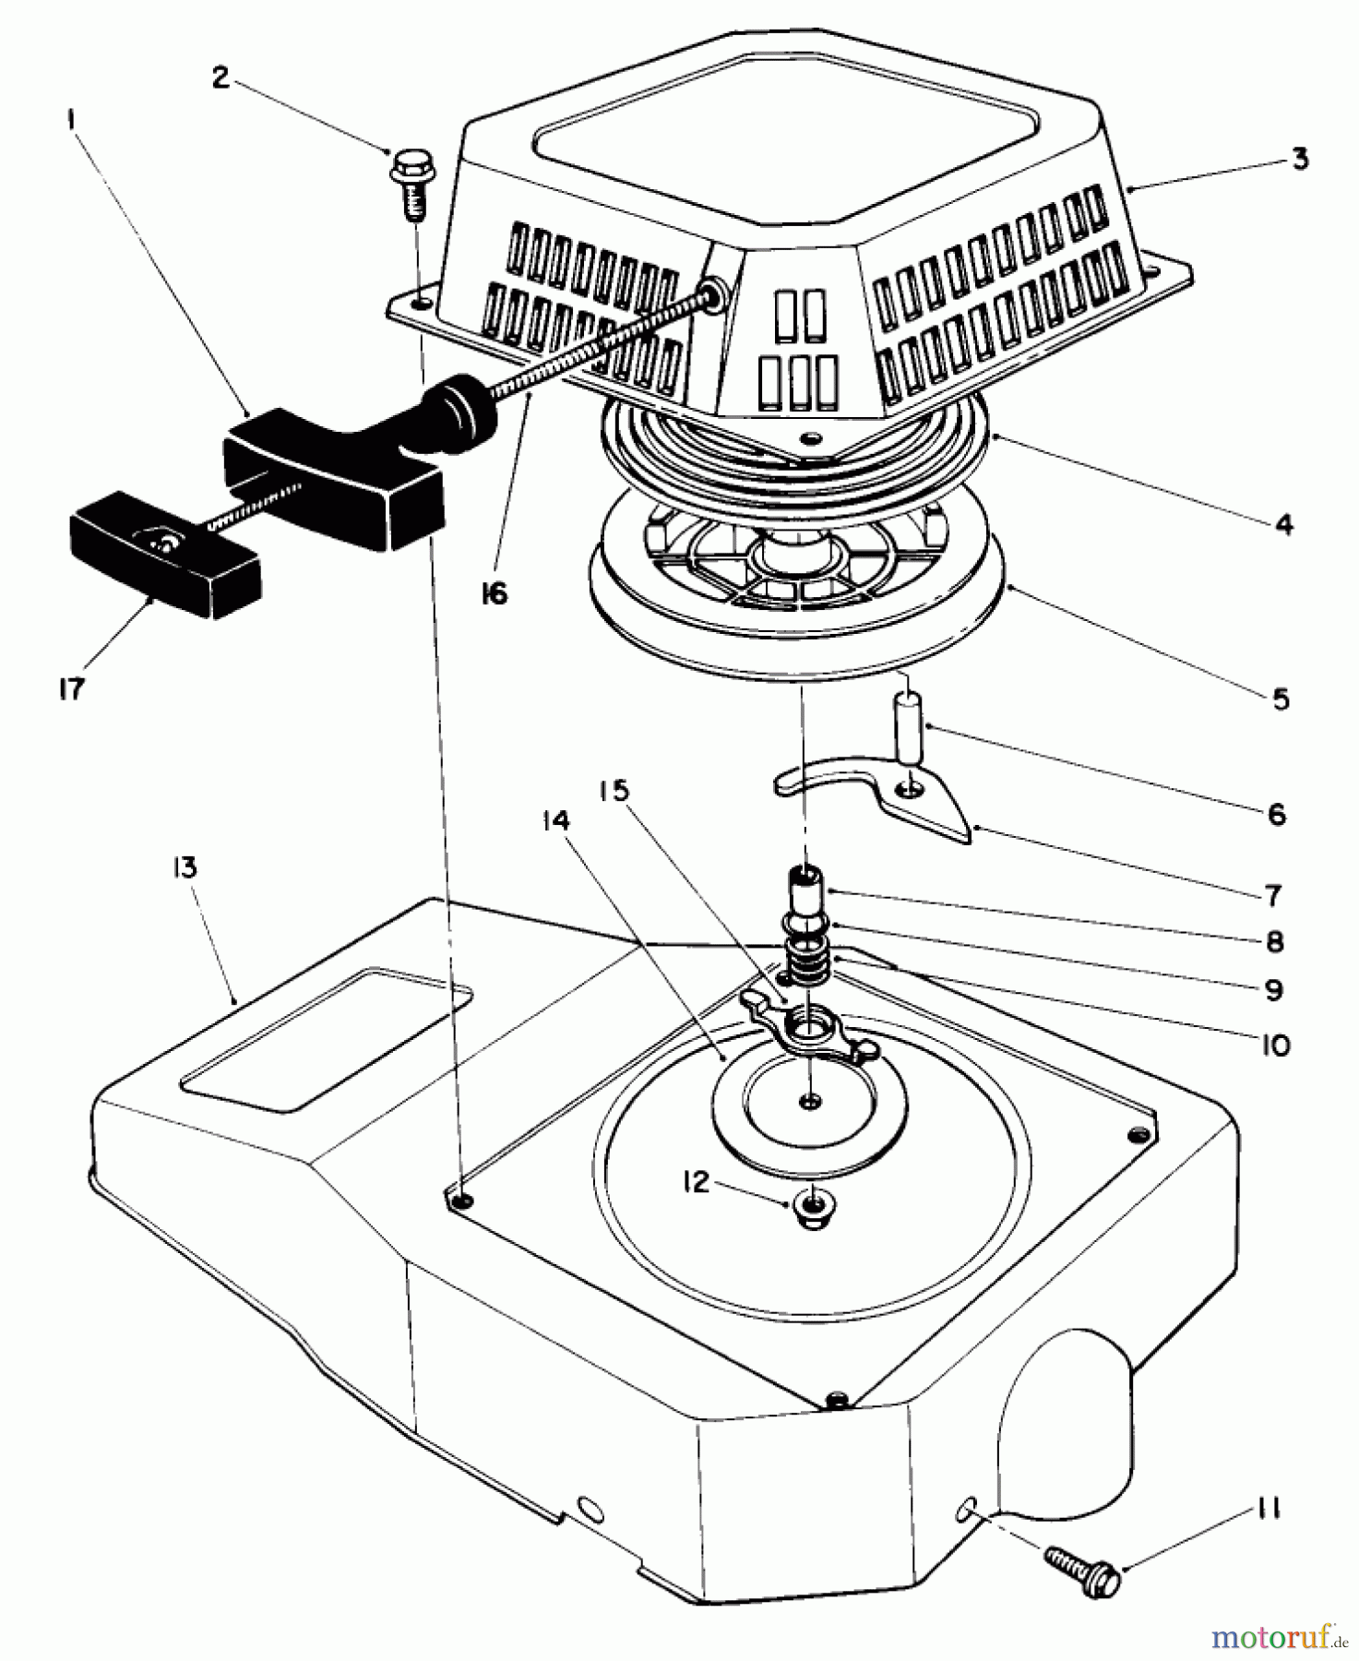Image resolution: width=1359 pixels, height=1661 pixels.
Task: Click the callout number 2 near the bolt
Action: (x=220, y=78)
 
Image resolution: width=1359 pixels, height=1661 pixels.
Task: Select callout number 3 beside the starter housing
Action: (x=1299, y=160)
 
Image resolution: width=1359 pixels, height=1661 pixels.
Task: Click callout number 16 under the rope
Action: (x=495, y=594)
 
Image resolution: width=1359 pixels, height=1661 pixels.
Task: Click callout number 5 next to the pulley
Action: (x=1280, y=699)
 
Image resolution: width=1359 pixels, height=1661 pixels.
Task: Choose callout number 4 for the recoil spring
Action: (x=1283, y=525)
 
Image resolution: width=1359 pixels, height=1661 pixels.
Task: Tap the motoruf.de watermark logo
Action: (x=1277, y=1636)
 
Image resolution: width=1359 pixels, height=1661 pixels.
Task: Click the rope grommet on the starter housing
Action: (x=713, y=294)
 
